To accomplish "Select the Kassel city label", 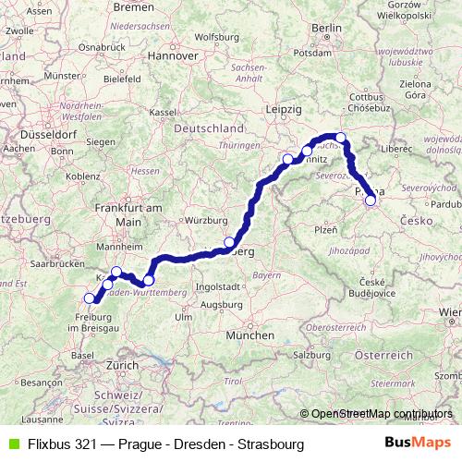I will (x=163, y=112).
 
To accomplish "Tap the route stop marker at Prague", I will (x=371, y=201).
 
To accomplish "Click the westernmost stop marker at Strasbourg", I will (x=90, y=298).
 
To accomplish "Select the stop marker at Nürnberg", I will (x=229, y=243).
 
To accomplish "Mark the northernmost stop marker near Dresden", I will (x=340, y=139).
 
